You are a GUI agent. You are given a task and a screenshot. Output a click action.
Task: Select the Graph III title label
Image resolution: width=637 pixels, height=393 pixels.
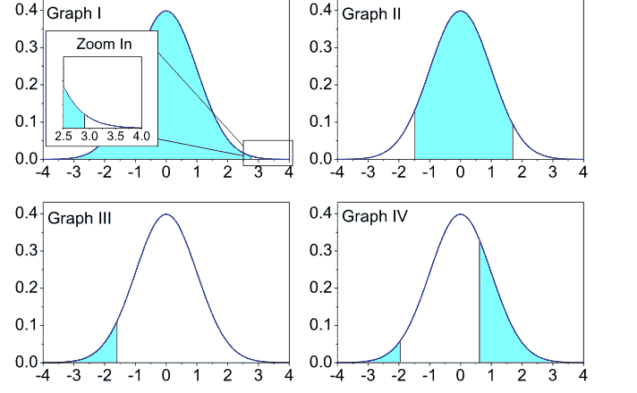tap(79, 218)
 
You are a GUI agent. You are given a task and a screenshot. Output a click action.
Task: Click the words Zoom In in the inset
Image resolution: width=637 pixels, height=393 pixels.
tap(103, 43)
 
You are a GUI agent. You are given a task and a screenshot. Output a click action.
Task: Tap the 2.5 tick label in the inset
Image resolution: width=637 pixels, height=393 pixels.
tap(63, 137)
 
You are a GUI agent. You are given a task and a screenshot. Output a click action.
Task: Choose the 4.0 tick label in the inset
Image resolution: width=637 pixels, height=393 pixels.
tap(141, 137)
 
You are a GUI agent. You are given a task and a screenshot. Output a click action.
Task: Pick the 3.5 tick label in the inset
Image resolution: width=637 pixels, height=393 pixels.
tap(115, 137)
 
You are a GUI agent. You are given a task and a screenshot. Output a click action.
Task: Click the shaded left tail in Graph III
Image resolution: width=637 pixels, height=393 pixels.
tap(109, 351)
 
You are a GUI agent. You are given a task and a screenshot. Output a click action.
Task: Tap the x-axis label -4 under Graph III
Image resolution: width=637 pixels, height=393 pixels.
tap(40, 375)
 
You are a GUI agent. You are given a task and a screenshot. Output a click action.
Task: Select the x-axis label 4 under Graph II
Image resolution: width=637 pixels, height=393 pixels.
tap(583, 172)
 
